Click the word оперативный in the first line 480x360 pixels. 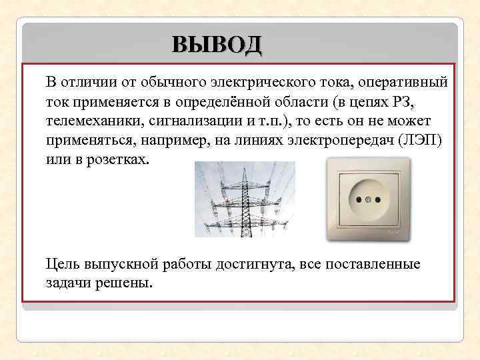[403, 83]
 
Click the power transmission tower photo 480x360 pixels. [245, 199]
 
